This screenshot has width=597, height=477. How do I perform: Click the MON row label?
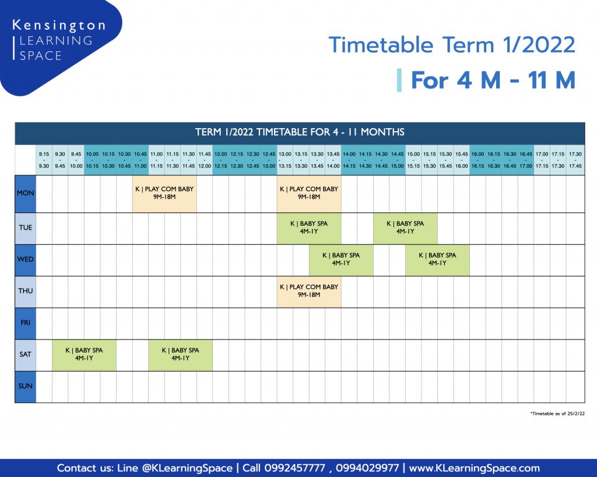point(26,193)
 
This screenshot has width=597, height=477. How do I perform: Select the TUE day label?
point(26,228)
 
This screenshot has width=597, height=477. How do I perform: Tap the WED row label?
point(26,259)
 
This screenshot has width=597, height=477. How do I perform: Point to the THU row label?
point(26,291)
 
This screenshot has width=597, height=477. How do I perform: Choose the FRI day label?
point(26,323)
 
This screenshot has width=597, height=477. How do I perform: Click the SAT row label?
point(26,355)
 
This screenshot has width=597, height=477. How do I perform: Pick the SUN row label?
point(26,386)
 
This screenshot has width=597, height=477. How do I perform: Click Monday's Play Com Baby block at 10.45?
point(164,193)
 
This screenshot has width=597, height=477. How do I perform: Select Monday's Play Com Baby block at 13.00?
point(309,193)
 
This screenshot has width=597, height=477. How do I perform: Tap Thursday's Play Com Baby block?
point(309,291)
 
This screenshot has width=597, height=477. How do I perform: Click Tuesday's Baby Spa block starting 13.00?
point(309,228)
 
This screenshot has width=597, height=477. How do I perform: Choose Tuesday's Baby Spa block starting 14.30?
point(406,228)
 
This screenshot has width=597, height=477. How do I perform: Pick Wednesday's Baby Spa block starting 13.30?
point(341,260)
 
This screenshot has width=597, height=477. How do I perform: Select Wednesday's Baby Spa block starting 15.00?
point(437,260)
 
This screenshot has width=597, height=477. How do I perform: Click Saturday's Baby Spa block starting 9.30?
point(84,355)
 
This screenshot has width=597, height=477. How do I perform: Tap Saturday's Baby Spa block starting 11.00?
point(181,355)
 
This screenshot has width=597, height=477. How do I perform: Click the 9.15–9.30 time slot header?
point(44,160)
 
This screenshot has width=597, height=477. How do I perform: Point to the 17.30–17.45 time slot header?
point(575,160)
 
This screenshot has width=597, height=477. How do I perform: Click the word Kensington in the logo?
point(59,26)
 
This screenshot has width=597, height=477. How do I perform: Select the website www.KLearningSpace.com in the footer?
point(474,468)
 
